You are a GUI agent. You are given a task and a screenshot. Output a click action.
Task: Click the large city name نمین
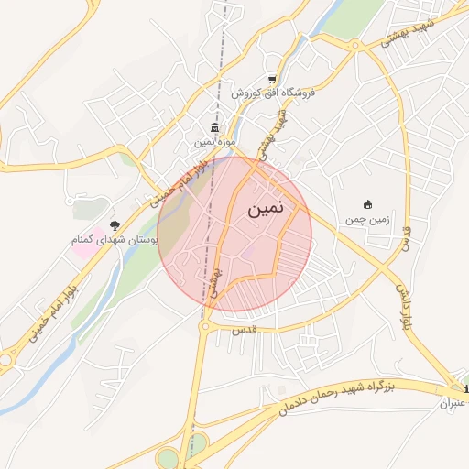(x=266, y=209)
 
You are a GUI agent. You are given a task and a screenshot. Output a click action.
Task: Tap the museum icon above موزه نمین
(x=214, y=127)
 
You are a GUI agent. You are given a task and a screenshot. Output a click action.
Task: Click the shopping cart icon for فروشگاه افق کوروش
(x=272, y=79)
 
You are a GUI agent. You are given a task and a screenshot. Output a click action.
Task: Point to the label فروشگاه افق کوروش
(x=273, y=93)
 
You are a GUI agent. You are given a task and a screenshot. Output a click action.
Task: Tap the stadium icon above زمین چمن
(x=368, y=204)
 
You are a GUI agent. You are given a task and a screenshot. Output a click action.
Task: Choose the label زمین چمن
(x=368, y=220)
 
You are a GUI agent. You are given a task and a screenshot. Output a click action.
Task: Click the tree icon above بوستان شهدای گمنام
(x=115, y=224)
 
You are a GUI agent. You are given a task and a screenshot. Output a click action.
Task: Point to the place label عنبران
(x=454, y=404)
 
